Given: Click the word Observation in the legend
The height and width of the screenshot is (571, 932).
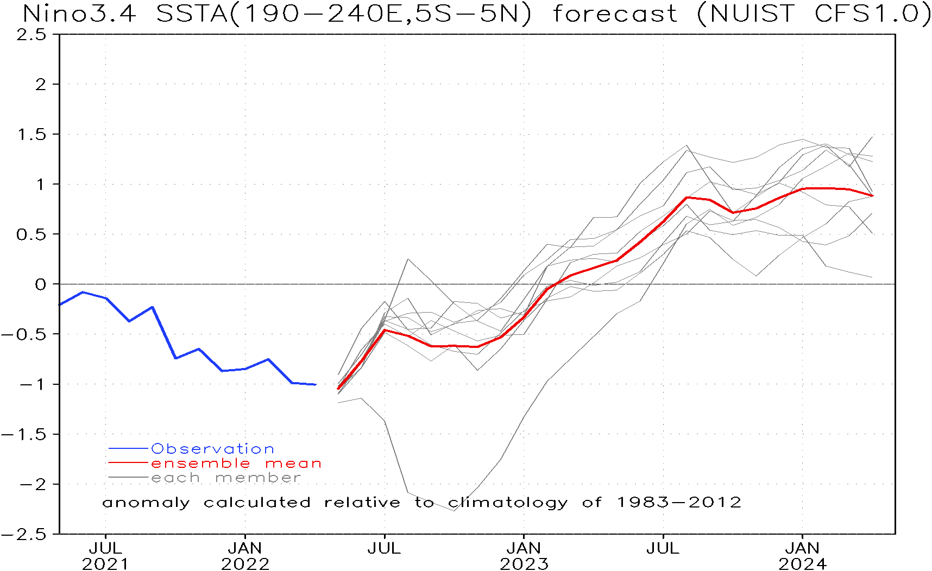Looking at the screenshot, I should [x=212, y=449].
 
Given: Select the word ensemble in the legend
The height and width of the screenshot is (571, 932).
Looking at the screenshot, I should [x=200, y=464].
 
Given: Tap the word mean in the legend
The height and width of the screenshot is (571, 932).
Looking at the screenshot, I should [x=293, y=464].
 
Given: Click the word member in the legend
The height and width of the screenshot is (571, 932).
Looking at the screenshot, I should [x=258, y=478].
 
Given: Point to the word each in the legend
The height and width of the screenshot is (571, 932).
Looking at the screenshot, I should [x=175, y=478].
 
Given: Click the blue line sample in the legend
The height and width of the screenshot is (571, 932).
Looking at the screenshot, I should [x=129, y=449].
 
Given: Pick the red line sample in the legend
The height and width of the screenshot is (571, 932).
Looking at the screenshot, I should [x=129, y=464].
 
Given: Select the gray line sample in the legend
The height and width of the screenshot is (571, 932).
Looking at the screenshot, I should [x=129, y=478].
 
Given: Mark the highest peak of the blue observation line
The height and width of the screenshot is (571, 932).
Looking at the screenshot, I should [x=83, y=292].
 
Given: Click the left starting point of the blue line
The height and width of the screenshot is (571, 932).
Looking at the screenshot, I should [x=60, y=304].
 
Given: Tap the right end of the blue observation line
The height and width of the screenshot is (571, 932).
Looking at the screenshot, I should [x=316, y=384].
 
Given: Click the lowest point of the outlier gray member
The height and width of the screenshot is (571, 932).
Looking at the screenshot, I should [x=454, y=510].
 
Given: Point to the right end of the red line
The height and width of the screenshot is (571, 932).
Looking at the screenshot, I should [x=872, y=195].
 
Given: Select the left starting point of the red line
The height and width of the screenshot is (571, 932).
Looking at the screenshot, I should [x=338, y=389].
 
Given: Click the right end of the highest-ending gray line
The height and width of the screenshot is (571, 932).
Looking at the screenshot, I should [x=872, y=136].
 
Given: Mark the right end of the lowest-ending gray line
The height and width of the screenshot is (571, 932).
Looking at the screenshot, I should [x=872, y=277].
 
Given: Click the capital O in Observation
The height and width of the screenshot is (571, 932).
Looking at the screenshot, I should [x=158, y=449].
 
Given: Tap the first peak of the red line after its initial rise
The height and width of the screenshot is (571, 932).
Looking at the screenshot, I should [x=385, y=329].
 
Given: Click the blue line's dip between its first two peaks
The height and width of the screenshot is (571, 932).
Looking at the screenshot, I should [x=129, y=321].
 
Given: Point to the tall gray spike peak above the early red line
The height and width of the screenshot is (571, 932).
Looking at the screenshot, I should [x=408, y=259].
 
